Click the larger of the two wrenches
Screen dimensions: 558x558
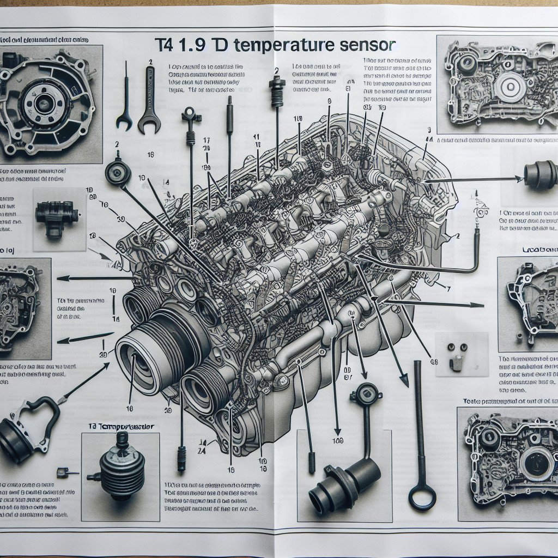(148, 101)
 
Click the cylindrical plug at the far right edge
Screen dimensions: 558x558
(541, 174)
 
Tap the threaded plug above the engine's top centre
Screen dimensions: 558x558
(277, 90)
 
